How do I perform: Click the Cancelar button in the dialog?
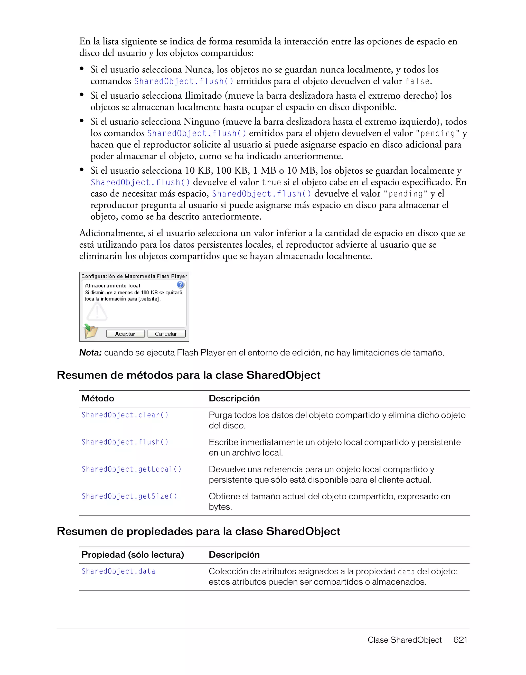click(x=166, y=334)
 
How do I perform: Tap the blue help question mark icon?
click(x=181, y=285)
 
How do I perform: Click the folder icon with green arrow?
click(x=91, y=331)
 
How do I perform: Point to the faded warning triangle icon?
click(x=97, y=312)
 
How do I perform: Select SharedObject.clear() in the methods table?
click(x=125, y=415)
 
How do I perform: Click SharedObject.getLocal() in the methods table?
click(x=131, y=469)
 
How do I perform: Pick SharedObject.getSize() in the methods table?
click(x=129, y=496)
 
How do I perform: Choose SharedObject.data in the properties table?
click(x=118, y=571)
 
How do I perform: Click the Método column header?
click(x=98, y=398)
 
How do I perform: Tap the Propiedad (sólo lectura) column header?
click(x=133, y=555)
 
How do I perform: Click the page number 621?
click(x=460, y=640)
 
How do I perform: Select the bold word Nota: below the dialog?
click(x=90, y=353)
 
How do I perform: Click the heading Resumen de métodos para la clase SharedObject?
click(x=189, y=375)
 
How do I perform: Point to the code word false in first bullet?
click(x=417, y=81)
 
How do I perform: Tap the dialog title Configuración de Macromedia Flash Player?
click(x=134, y=276)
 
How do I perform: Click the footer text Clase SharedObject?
click(x=404, y=640)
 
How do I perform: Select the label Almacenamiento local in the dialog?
click(x=112, y=286)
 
